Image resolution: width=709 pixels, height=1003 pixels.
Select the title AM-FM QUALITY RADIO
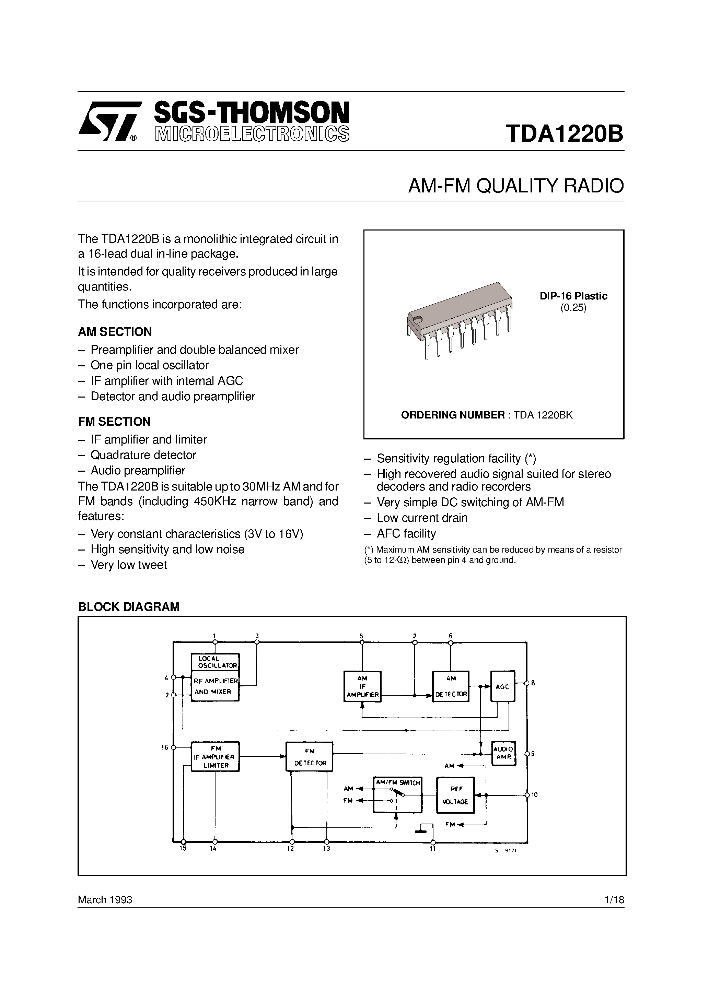point(516,186)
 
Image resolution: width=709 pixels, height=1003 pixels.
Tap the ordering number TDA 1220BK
point(543,415)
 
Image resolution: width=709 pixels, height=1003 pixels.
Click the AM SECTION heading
point(115,332)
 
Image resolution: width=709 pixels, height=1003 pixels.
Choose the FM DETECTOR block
point(309,757)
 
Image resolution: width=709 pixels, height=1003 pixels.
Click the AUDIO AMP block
point(503,753)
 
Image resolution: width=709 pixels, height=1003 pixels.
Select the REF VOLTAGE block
point(455,795)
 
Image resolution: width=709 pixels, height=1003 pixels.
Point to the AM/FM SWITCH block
point(397,795)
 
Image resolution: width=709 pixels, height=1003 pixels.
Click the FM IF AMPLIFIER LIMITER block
point(216,757)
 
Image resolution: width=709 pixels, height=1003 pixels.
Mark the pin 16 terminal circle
point(174,747)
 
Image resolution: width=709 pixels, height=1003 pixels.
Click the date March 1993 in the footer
point(105,900)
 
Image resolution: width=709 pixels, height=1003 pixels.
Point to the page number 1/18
point(615,900)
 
